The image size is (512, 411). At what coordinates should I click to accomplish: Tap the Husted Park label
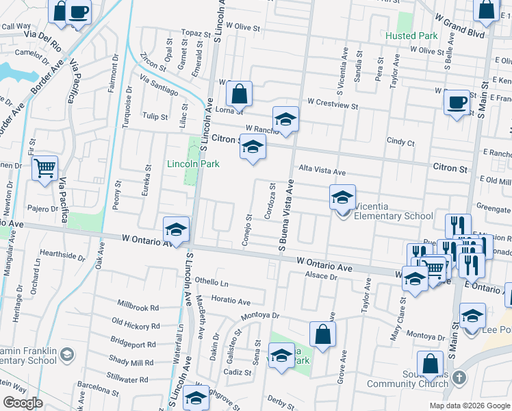point(411,35)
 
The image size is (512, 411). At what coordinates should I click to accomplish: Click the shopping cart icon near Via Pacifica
point(44,167)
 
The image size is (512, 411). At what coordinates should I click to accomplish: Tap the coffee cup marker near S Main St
point(457,103)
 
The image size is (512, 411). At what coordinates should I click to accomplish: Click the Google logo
point(23,403)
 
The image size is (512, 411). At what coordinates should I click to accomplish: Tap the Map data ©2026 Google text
point(469,406)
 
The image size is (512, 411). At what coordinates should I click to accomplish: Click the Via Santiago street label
point(159,86)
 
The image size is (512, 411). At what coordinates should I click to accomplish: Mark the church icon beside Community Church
point(459,377)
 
